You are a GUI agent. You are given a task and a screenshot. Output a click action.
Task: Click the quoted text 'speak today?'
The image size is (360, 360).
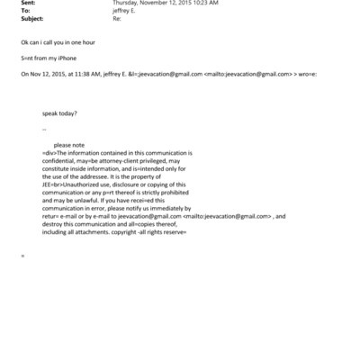coord(59,114)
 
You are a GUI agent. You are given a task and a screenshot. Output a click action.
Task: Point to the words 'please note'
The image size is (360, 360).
coord(68,144)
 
